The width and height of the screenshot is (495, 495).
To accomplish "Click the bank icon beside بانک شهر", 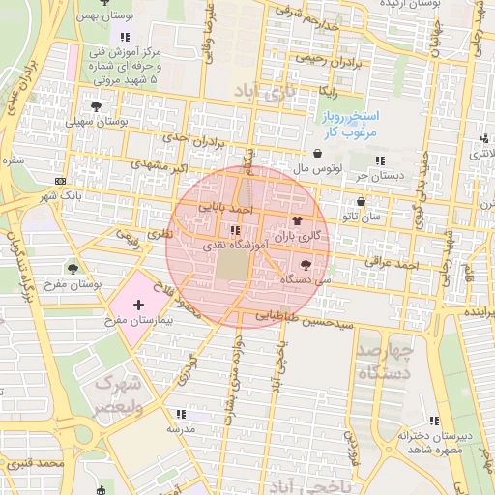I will pos(62,182).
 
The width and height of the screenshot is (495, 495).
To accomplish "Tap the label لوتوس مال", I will pos(317,167).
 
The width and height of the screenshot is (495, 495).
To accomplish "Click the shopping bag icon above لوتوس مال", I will pos(317,153).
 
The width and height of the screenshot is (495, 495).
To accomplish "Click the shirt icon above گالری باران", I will pos(297,221).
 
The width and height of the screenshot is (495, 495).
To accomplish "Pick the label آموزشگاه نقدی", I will pos(233,246).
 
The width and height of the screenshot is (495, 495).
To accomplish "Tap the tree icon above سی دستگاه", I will pos(306,263).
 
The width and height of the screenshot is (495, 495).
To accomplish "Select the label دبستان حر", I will pos(377,175).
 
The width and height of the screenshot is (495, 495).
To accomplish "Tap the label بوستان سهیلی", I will pos(97,122).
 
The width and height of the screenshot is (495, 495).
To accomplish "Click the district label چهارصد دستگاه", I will pos(385,360).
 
